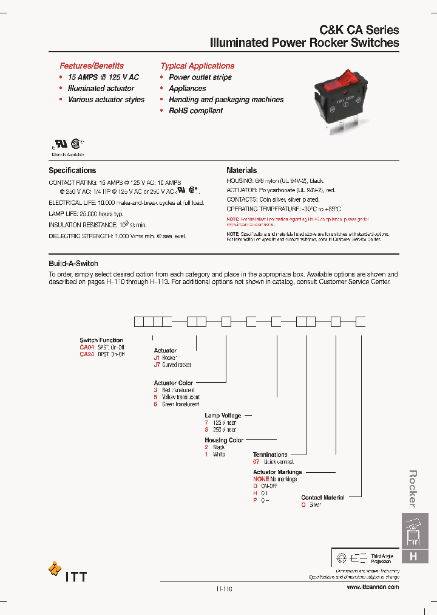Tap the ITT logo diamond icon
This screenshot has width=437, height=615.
[55, 569]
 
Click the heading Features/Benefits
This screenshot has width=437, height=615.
[91, 66]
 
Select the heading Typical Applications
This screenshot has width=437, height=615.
[197, 66]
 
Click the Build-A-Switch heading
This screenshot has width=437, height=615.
[73, 264]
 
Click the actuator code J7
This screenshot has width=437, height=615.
[157, 365]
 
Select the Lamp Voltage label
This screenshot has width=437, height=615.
[223, 416]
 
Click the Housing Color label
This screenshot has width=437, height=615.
[224, 440]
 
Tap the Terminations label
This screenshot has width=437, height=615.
[270, 455]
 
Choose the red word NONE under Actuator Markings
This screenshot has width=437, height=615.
[261, 479]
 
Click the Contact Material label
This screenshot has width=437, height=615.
[323, 498]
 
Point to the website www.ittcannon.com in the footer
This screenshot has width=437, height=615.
[373, 587]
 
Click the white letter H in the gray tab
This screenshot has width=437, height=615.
[413, 556]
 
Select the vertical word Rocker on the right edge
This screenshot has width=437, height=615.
[413, 489]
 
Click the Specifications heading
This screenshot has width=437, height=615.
[72, 171]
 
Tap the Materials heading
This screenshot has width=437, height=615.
[242, 171]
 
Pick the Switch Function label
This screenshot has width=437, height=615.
[101, 340]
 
